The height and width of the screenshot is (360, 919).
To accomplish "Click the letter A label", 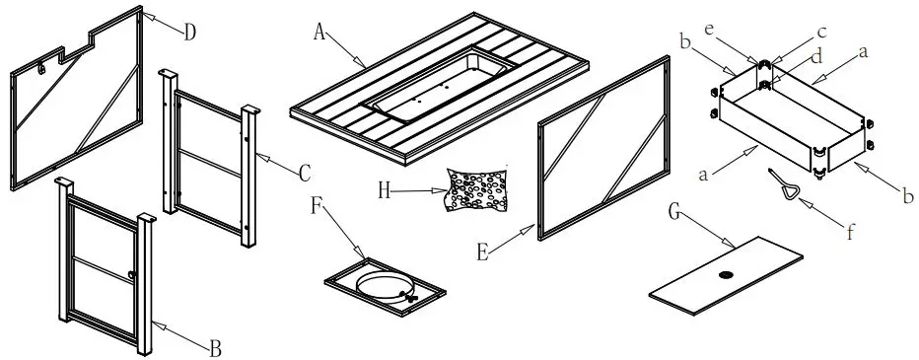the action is [x=318, y=32].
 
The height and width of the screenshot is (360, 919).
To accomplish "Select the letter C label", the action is [x=304, y=173].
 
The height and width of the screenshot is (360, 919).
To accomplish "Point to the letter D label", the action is [x=189, y=31].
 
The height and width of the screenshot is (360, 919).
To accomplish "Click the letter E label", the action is [x=482, y=252].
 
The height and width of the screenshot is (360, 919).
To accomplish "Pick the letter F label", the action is [x=316, y=208].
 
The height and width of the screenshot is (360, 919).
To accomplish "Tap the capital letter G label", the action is [x=673, y=211].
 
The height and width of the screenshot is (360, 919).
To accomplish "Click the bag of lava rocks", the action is [x=477, y=188].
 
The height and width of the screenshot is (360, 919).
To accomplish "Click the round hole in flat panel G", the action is [x=727, y=275].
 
